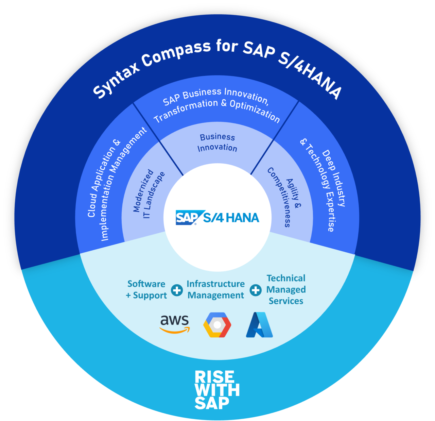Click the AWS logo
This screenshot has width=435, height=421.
174,324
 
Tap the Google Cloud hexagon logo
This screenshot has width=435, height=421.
217,325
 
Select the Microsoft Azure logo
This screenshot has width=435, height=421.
259,325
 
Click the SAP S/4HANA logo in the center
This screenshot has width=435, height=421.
217,218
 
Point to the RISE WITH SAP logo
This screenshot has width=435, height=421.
217,390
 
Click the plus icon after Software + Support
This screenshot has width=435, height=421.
177,290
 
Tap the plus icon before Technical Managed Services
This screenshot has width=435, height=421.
256,290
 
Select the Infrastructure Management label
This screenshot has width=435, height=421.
216,289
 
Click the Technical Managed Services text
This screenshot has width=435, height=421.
286,289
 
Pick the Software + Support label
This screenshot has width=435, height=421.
146,289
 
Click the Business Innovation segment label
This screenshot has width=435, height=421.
217,142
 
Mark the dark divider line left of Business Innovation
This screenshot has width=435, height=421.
158,139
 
